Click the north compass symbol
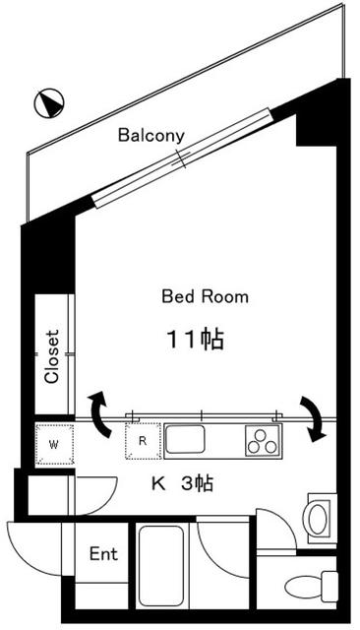pyautogui.click(x=49, y=103)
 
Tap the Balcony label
pyautogui.click(x=150, y=136)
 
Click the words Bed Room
pyautogui.click(x=205, y=297)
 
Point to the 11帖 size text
pyautogui.click(x=195, y=340)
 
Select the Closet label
pyautogui.click(x=52, y=356)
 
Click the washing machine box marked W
pyautogui.click(x=54, y=444)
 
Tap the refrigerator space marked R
pyautogui.click(x=143, y=441)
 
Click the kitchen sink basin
pyautogui.click(x=186, y=440)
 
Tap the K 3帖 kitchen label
pyautogui.click(x=182, y=483)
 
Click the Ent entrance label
pyautogui.click(x=103, y=553)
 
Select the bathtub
pyautogui.click(x=161, y=565)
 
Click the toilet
pyautogui.click(x=311, y=587)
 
